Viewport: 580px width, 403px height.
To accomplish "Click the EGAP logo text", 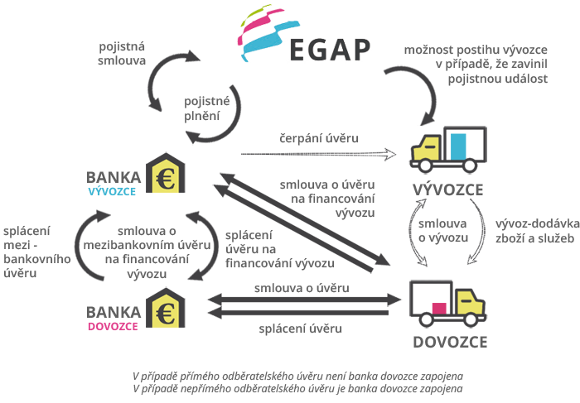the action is point(330,50).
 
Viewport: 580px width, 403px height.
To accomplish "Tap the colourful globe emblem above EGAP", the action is point(268,32).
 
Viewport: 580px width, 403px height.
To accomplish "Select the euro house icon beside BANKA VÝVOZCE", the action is point(166,173).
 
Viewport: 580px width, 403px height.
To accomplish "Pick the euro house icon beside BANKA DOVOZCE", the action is point(166,308).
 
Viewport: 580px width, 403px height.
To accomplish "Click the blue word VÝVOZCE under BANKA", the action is point(112,192).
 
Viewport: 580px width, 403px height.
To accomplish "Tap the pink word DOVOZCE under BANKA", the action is point(113,327).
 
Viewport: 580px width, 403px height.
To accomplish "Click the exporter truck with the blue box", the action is point(449,150).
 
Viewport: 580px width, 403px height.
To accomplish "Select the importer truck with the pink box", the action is point(448,304).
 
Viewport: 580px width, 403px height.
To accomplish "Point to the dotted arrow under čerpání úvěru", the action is point(318,154).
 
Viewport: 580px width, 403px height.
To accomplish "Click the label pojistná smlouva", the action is point(122,54).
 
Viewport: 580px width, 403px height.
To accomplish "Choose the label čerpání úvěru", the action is point(319,138).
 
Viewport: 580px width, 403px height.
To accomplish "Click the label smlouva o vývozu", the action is point(443,231).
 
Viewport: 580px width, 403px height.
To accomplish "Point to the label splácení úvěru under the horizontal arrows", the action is point(300,329).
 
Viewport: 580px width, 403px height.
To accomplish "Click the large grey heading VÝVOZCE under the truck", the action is point(448,190).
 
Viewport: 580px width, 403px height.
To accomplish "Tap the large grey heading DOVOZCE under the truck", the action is point(450,342).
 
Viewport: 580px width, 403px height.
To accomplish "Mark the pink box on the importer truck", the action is point(439,309).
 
